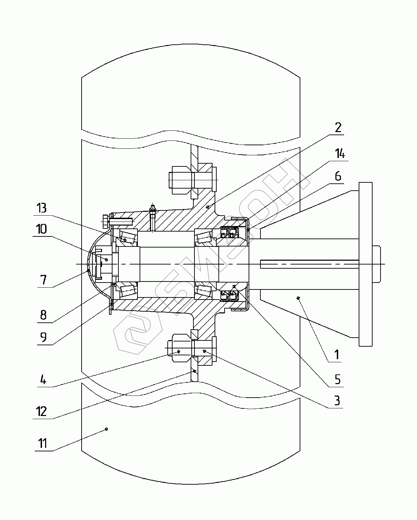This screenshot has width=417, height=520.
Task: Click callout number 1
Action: (337, 355)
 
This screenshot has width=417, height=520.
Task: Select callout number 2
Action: (338, 127)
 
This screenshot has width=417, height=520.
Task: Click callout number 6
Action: (338, 176)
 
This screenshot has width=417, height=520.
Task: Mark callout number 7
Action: (43, 280)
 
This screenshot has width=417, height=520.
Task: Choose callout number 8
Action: (43, 315)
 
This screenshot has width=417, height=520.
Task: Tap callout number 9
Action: (43, 337)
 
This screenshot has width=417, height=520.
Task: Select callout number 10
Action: (41, 229)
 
